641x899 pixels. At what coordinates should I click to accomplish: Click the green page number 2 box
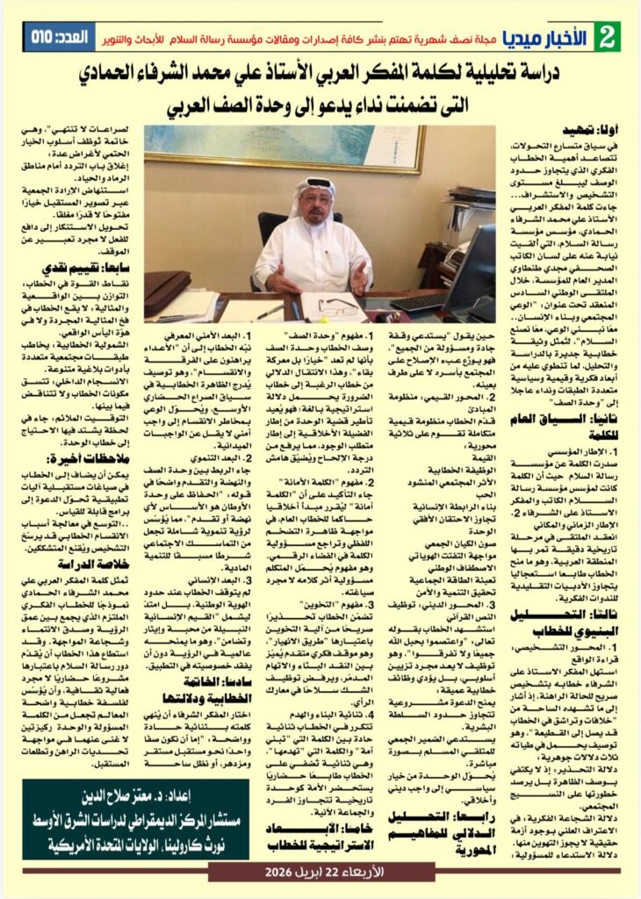(605, 37)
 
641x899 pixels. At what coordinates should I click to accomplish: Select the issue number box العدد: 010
(59, 38)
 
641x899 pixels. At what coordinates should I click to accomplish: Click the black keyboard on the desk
(425, 302)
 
